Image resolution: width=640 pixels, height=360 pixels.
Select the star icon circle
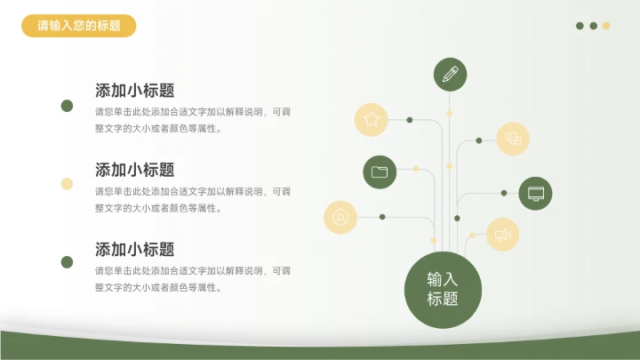point(372,119)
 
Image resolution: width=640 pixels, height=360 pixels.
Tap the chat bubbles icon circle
point(513,139)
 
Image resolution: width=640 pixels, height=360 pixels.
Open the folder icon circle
point(380,172)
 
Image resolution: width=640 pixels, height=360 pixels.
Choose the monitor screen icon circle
point(535,193)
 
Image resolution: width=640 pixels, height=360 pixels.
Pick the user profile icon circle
point(340,216)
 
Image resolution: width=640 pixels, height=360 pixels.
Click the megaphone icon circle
point(502,235)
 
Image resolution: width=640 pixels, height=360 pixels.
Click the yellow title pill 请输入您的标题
point(79,26)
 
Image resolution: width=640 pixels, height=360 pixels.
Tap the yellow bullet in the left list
point(67,184)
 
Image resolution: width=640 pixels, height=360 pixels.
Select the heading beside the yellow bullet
point(135,170)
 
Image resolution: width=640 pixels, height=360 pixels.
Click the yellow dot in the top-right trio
point(606,26)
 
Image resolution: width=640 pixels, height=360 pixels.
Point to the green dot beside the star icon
point(410,119)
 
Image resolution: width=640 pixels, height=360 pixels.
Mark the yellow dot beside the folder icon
point(416,168)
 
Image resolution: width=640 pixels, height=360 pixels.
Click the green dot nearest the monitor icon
point(504,193)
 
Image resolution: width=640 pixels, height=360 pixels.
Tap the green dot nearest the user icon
point(382,216)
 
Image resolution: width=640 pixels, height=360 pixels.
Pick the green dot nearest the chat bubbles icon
point(479,140)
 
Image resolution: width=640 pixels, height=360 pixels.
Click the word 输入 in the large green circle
point(443,278)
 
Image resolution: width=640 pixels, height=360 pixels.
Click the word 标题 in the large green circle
point(443,300)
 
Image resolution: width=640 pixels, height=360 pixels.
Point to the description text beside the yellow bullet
point(193,199)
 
